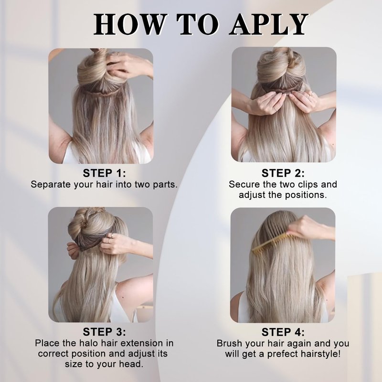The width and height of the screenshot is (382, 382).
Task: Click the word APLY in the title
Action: click(x=268, y=24)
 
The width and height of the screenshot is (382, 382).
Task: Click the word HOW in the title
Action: click(x=129, y=24)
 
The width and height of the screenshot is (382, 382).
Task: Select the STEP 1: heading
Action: click(x=105, y=173)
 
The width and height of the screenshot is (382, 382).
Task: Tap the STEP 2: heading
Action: click(x=283, y=173)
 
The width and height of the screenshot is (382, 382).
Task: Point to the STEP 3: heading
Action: click(x=105, y=332)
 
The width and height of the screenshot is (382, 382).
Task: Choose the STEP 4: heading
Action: click(x=283, y=332)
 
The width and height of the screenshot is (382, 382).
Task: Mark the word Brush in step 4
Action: click(x=230, y=343)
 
